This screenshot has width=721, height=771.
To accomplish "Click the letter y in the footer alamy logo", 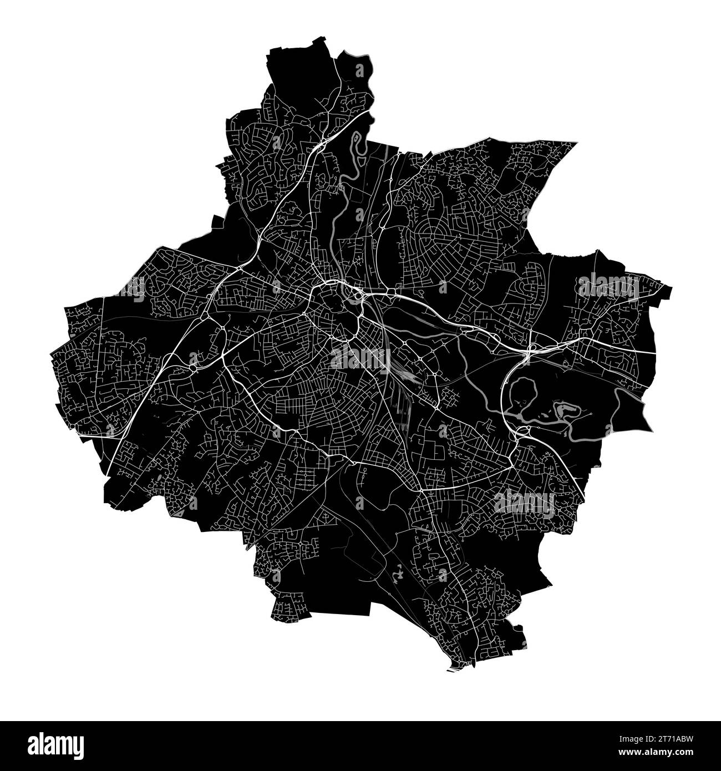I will coord(79,746).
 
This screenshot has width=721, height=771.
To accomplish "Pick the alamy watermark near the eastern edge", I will coord(609,285).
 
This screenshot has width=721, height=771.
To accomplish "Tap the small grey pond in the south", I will coord(397,575).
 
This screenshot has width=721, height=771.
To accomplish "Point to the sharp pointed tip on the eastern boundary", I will coord(651,429).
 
